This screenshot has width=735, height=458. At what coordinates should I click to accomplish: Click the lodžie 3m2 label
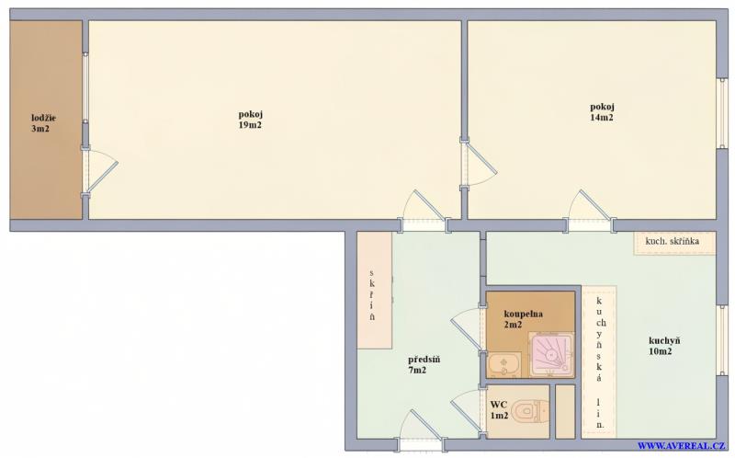pos(43,123)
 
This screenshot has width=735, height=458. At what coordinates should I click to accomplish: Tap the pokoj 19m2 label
pos(250,120)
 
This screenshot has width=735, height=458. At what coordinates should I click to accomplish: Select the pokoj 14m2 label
pos(602,112)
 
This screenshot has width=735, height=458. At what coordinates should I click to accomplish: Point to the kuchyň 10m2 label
pos(664,346)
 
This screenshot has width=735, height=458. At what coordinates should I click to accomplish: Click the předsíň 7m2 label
pos(424,364)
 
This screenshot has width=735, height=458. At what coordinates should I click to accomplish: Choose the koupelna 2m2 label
pos(523,318)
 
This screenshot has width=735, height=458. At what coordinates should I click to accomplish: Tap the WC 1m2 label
pos(499,409)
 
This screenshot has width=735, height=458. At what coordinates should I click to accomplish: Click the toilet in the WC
pos(530,411)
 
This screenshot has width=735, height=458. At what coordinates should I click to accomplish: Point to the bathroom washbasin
pos(503,364)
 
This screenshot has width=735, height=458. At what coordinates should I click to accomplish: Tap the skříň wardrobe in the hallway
pos(374,290)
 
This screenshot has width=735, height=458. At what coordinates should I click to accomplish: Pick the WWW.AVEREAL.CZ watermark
pos(682,446)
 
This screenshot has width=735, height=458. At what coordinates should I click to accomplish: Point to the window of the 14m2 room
pos(722,113)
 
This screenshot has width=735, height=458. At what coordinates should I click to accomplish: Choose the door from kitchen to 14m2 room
pos(590,211)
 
